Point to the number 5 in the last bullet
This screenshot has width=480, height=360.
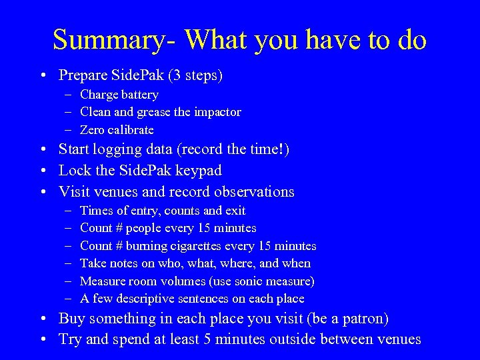[x=205, y=339]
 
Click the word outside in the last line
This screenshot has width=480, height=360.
[x=292, y=339]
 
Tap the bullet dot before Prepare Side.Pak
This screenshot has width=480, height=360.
[x=42, y=76]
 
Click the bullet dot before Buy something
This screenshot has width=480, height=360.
[x=42, y=319]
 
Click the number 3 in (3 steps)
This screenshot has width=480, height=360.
[x=176, y=75]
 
